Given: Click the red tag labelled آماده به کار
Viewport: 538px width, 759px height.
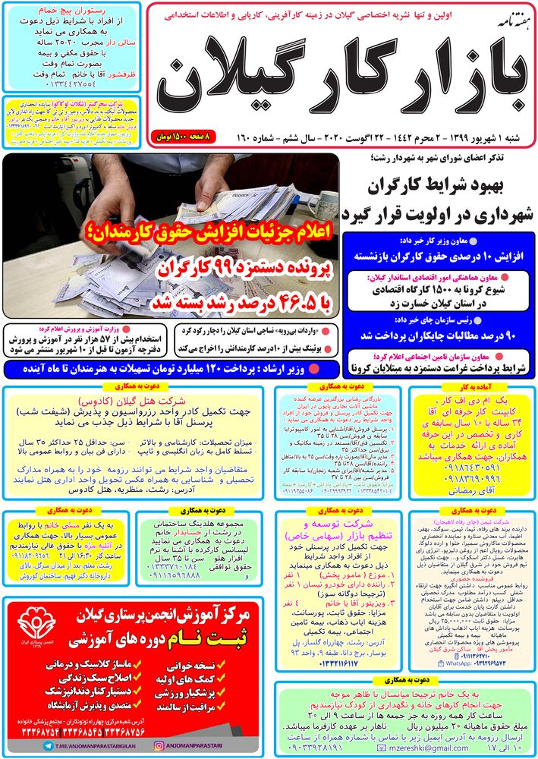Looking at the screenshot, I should [x=470, y=387].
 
